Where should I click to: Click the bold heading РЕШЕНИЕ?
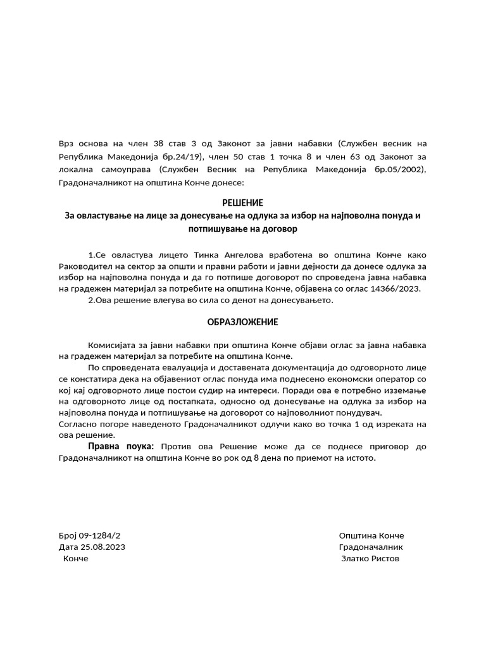pyautogui.click(x=243, y=202)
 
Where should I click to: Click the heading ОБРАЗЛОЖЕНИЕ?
pyautogui.click(x=243, y=322)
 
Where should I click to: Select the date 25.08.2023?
pyautogui.click(x=103, y=547)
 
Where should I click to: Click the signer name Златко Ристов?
pyautogui.click(x=370, y=558)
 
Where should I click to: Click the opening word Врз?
pyautogui.click(x=66, y=144)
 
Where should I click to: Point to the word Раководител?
pyautogui.click(x=85, y=266)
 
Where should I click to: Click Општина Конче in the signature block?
pyautogui.click(x=371, y=535)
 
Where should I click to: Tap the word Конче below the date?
pyautogui.click(x=76, y=558)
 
